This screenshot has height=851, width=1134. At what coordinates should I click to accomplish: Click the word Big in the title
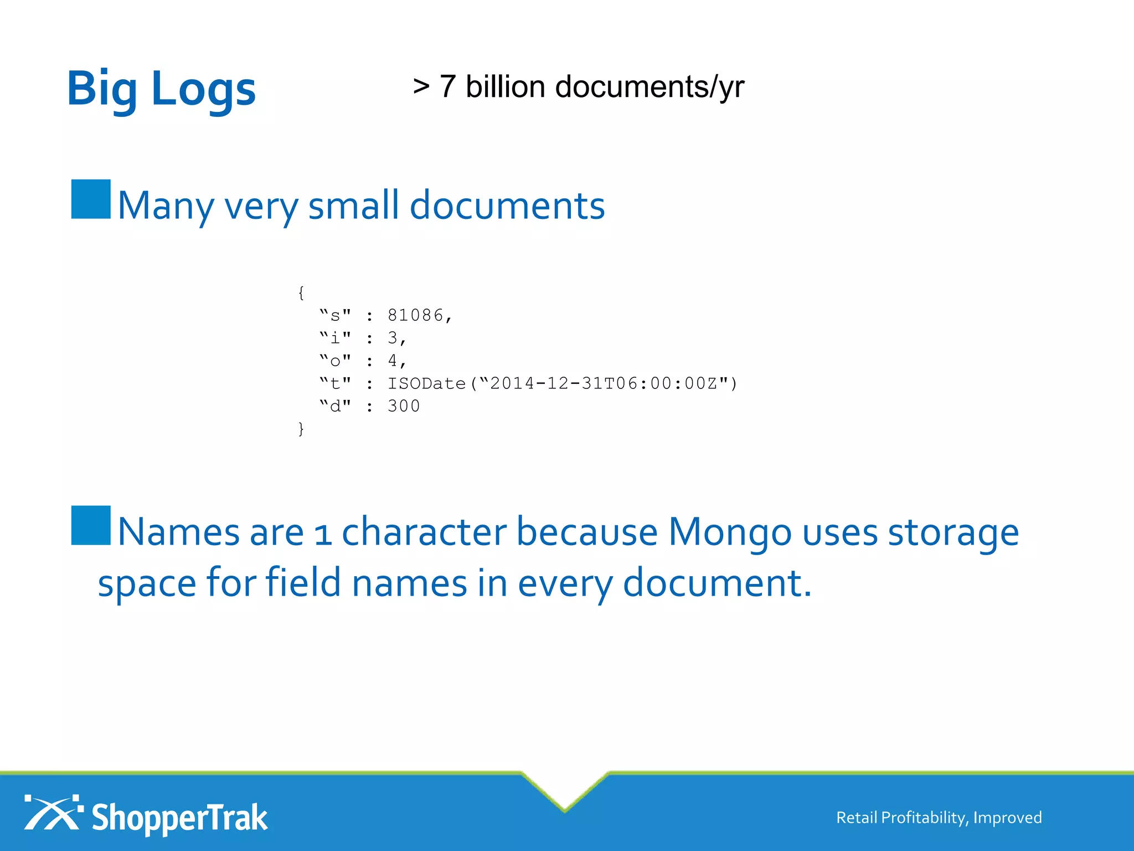(x=102, y=89)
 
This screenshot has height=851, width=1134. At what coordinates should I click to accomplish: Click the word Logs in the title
(x=203, y=89)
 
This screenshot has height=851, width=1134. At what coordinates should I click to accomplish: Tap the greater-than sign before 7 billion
(x=421, y=86)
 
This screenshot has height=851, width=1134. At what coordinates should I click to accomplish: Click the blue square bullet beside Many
(x=91, y=199)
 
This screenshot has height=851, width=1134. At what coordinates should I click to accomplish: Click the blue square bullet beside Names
(x=91, y=525)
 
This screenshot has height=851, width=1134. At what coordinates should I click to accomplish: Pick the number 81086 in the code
(x=416, y=315)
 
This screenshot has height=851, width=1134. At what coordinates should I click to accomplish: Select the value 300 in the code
(x=404, y=406)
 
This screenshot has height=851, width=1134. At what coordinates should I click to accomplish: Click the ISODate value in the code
(x=562, y=383)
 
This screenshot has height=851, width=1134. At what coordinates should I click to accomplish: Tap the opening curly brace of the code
(x=301, y=293)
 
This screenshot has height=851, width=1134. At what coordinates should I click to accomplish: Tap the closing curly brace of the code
(x=301, y=429)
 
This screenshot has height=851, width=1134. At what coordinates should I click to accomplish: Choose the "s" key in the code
(x=335, y=315)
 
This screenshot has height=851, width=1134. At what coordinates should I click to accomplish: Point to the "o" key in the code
(x=335, y=361)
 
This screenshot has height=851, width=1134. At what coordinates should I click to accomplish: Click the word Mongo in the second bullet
(x=730, y=532)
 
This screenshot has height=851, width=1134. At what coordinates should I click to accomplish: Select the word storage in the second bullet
(x=953, y=532)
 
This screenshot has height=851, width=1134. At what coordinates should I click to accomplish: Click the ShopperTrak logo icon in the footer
(x=53, y=813)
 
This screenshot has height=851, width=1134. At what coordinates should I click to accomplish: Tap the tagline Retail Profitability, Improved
(x=939, y=818)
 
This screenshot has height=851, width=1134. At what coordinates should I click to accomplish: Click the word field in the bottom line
(x=303, y=583)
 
